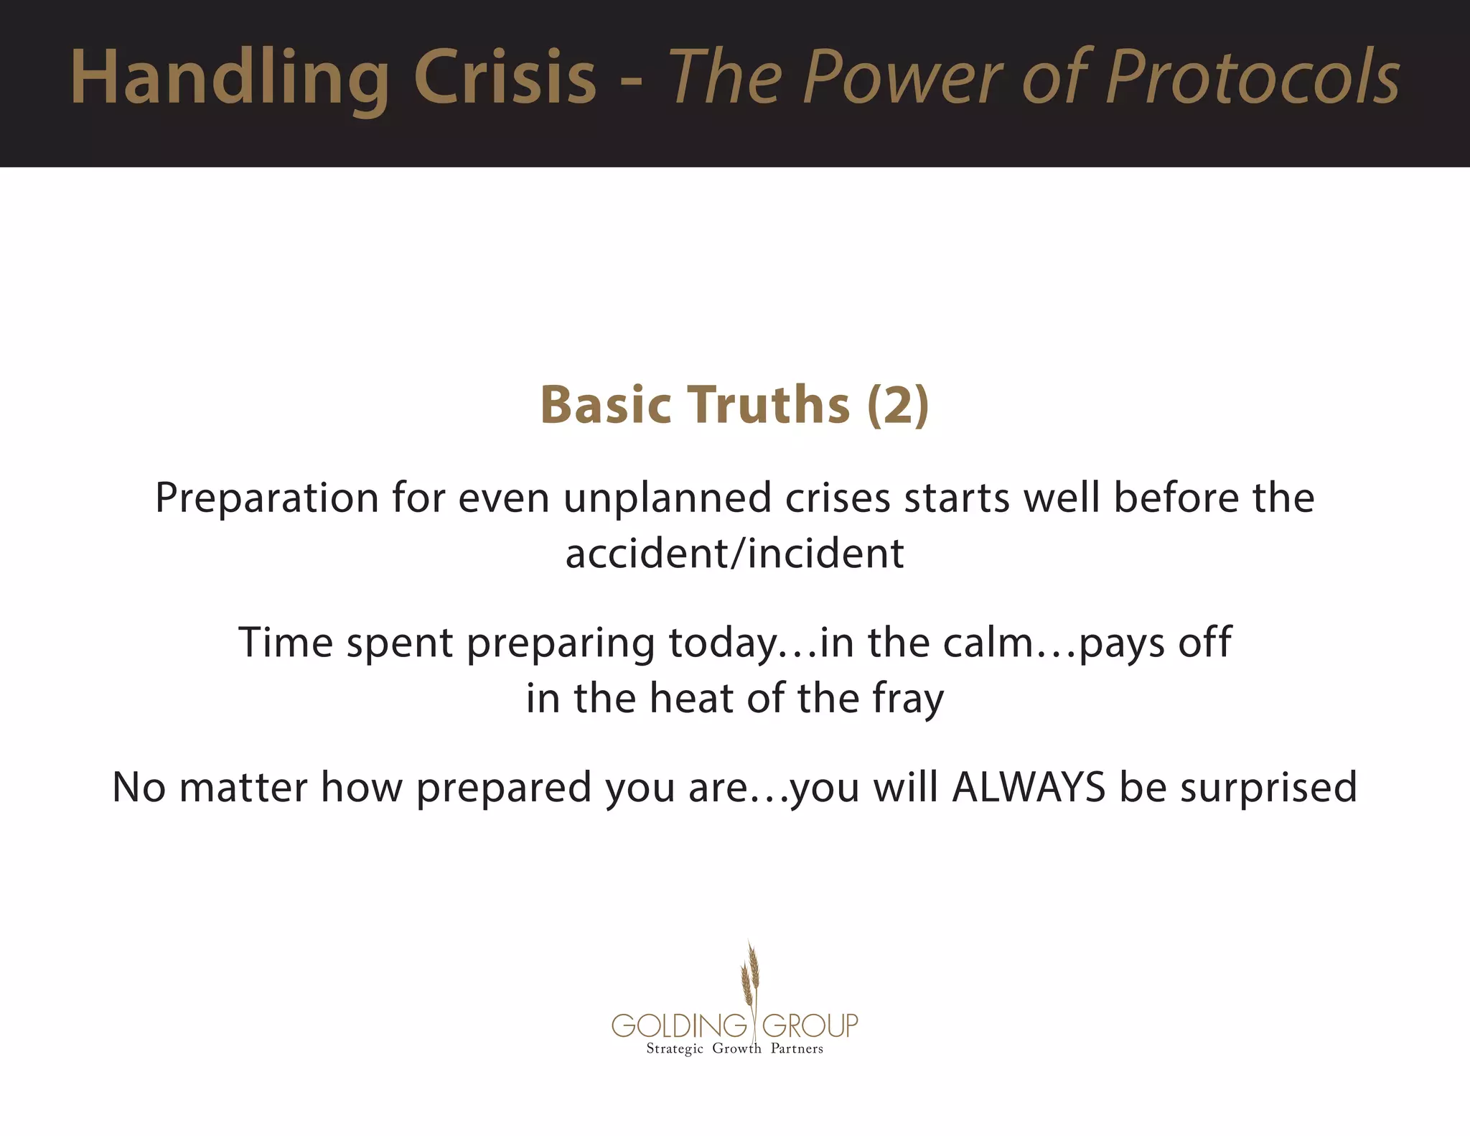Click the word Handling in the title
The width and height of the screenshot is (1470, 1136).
pyautogui.click(x=230, y=78)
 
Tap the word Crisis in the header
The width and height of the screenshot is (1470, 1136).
pyautogui.click(x=505, y=78)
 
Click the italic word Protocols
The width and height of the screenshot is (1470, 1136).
pyautogui.click(x=1253, y=78)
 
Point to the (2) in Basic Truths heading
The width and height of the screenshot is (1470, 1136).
pyautogui.click(x=898, y=406)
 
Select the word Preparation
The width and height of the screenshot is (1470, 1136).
pyautogui.click(x=267, y=498)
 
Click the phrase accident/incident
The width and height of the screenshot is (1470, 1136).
pyautogui.click(x=734, y=554)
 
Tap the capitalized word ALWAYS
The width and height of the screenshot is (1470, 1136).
pyautogui.click(x=1029, y=787)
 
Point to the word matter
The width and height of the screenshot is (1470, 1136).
pyautogui.click(x=243, y=787)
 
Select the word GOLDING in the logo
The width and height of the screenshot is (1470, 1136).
pyautogui.click(x=679, y=1025)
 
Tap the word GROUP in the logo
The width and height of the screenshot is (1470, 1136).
pyautogui.click(x=810, y=1025)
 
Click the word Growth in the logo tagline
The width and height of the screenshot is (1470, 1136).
pyautogui.click(x=736, y=1049)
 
